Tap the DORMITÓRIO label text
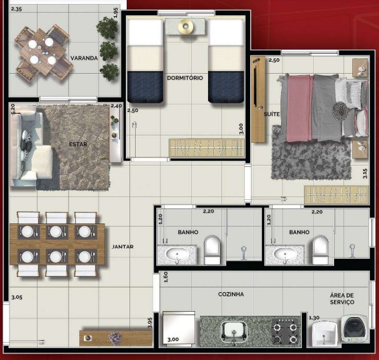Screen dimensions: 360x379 184,78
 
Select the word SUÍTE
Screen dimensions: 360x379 272,115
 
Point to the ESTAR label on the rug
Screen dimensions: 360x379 78,143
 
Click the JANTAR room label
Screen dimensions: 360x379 123,247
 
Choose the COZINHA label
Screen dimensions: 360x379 230,294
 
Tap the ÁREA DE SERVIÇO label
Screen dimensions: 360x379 346,299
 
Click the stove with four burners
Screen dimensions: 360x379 286,331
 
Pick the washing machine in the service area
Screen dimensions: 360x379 354,331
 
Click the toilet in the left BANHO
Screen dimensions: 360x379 212,247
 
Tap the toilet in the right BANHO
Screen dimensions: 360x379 320,247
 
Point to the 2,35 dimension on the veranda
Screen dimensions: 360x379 17,9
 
